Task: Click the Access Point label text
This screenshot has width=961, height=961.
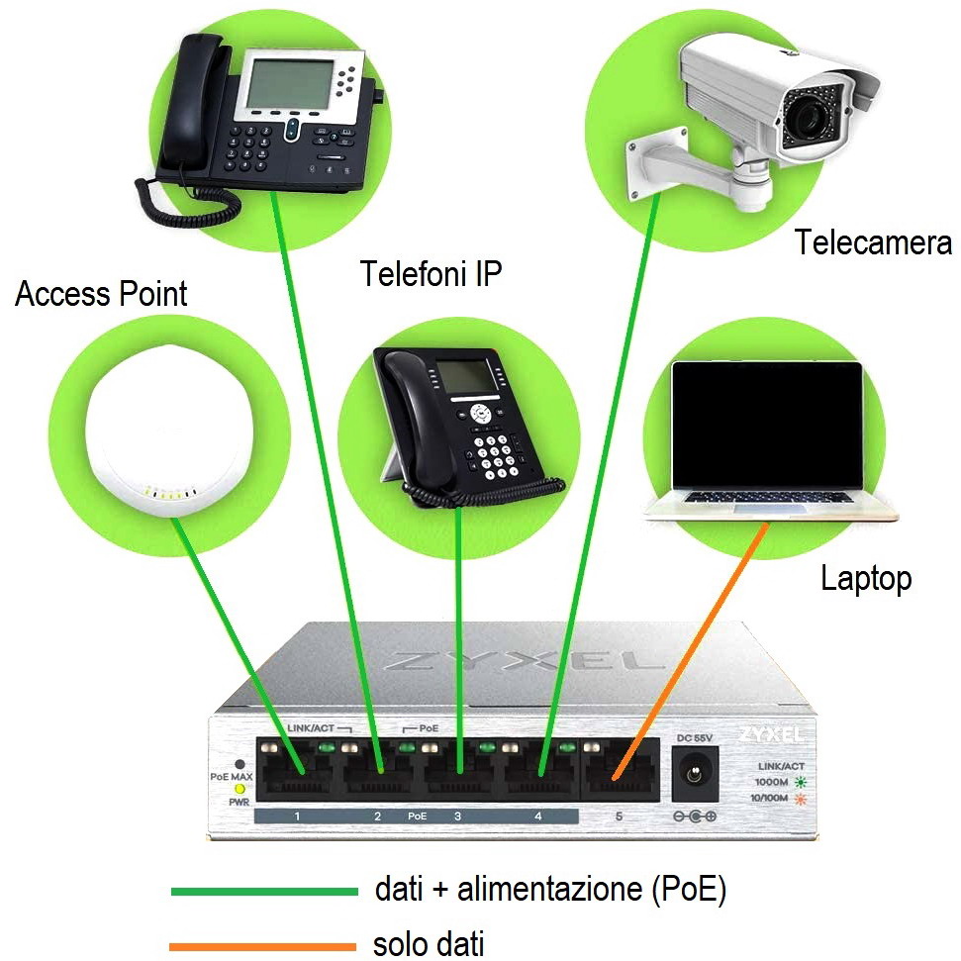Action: pos(101,294)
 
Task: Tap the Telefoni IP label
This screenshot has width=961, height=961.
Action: pos(431,273)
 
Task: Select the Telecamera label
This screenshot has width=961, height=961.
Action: pos(873,242)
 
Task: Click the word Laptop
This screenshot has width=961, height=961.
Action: pos(866,578)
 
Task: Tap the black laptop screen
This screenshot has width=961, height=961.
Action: pos(766,426)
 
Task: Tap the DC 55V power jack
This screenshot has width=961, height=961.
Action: pos(694,773)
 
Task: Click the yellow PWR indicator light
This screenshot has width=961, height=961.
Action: pos(239,789)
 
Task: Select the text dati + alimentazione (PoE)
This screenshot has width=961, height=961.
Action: pos(550,890)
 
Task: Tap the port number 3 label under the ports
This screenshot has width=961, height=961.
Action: pos(457,817)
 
